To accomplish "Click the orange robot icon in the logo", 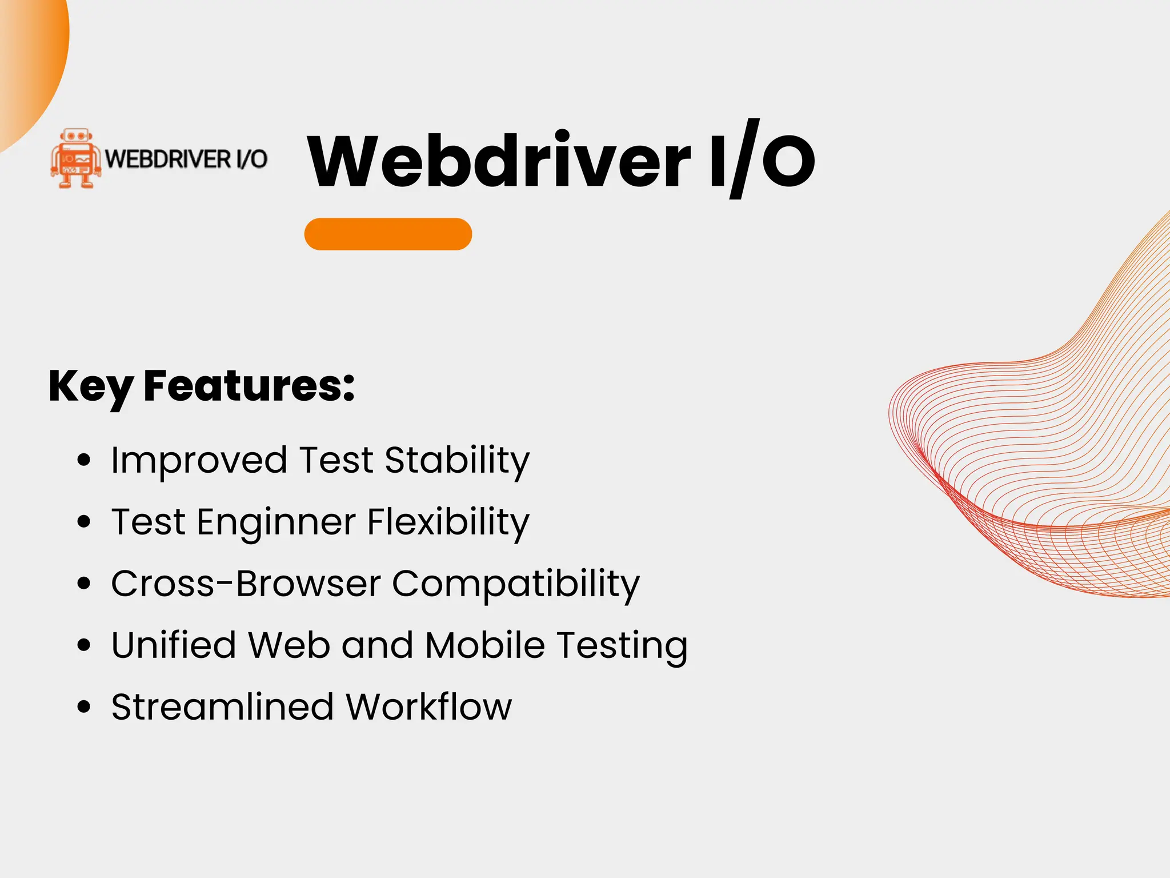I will pos(75,158).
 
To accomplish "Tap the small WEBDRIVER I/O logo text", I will pos(186,159).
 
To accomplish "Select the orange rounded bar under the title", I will pos(388,234).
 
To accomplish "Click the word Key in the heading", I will pos(91,387).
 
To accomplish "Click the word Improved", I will pos(199,460).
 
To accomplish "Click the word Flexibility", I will pos(448,522).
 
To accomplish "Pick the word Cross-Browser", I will pos(246,584).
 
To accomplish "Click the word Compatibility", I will pos(516,584).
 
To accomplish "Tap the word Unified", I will pos(174,645).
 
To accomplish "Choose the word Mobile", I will pos(485,645).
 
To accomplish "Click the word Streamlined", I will pos(222,707).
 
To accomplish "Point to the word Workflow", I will pos(428,707).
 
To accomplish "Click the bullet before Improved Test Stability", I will pos(84,460).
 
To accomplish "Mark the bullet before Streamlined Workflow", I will pos(84,707).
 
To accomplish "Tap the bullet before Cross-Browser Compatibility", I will pos(84,584).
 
